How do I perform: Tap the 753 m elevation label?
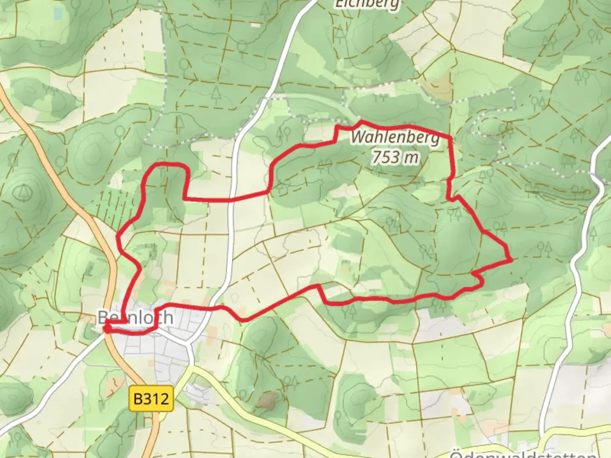395,157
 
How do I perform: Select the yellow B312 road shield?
151,399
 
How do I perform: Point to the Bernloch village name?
135,317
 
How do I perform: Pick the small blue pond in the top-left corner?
58,14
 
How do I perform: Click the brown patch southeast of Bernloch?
266,400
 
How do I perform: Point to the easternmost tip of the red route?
511,259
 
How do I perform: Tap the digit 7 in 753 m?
377,157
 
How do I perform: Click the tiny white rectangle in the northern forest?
255,25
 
